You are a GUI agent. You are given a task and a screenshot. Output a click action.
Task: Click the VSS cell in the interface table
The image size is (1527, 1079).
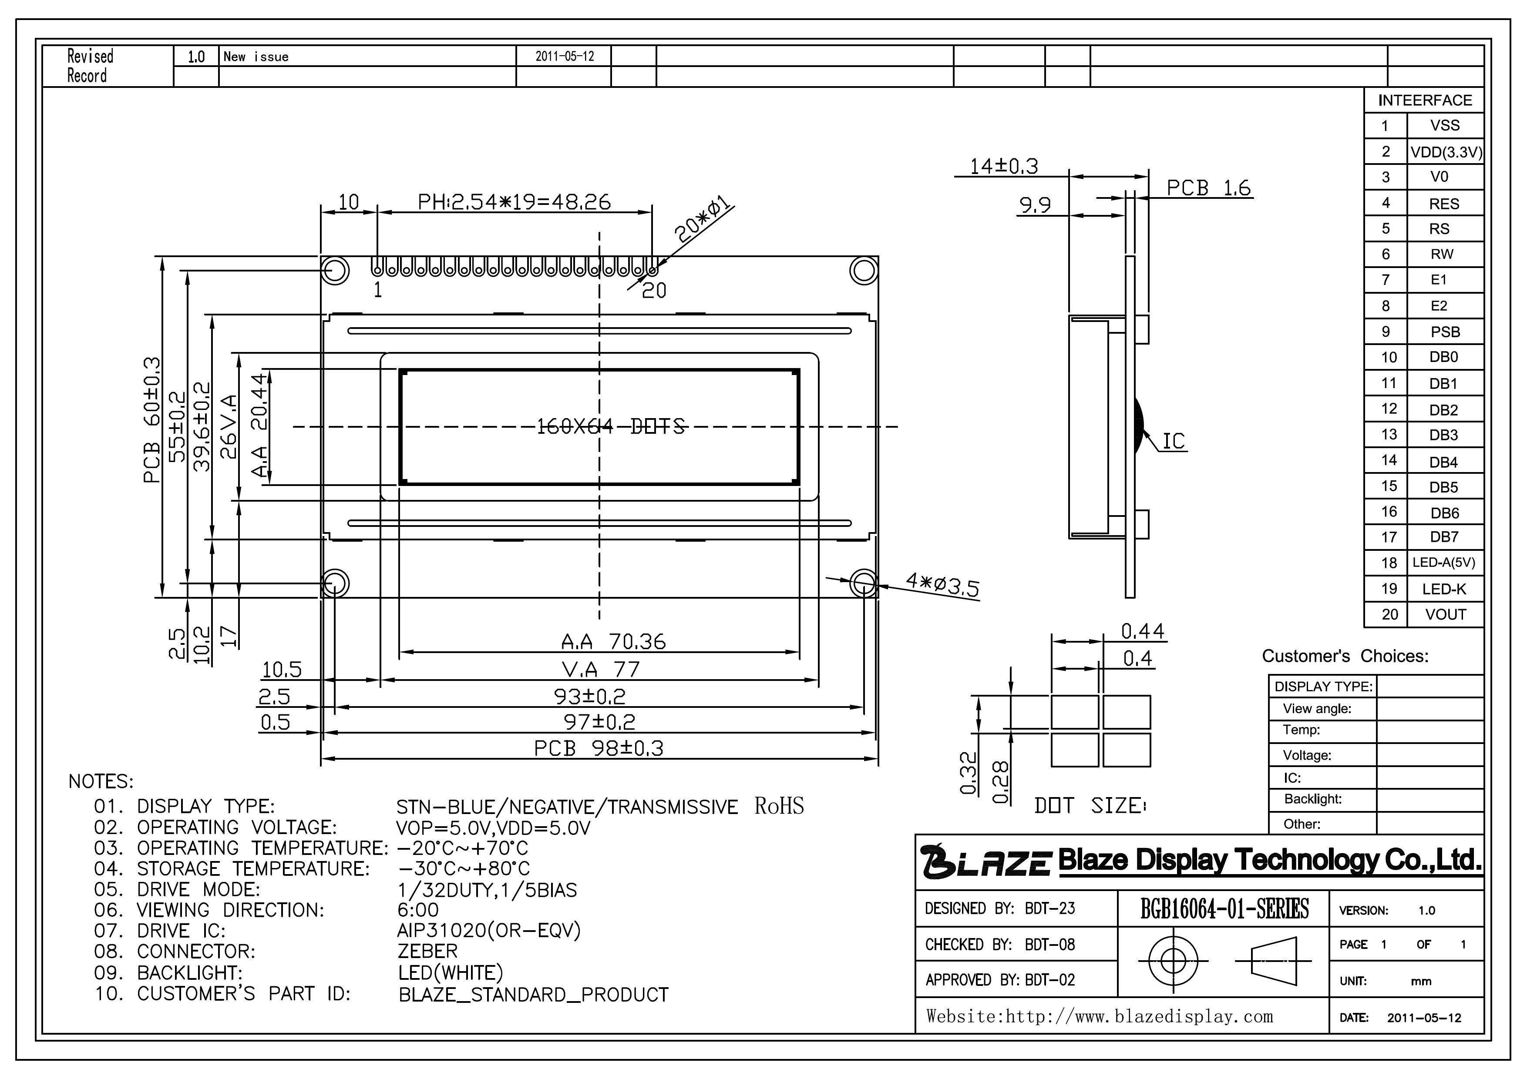[x=1445, y=126]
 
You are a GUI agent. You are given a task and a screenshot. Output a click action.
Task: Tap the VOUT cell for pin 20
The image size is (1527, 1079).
[x=1445, y=614]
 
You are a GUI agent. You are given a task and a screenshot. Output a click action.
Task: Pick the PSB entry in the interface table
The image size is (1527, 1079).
[x=1445, y=332]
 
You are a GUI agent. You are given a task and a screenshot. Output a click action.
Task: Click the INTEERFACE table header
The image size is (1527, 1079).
[x=1425, y=101]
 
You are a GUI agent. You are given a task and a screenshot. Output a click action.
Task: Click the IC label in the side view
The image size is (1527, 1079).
[x=1174, y=442]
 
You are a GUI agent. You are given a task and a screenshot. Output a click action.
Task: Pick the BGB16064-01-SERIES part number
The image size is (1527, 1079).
[x=1224, y=909]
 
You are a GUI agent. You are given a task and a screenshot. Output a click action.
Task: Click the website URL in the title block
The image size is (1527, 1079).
[x=1100, y=1016]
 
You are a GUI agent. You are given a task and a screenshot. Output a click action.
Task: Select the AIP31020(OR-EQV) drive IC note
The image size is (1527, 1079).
[x=489, y=931]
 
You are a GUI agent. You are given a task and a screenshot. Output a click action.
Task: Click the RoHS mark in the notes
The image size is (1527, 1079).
[x=779, y=806]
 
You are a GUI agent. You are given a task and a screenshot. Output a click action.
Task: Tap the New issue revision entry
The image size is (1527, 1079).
[x=256, y=57]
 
